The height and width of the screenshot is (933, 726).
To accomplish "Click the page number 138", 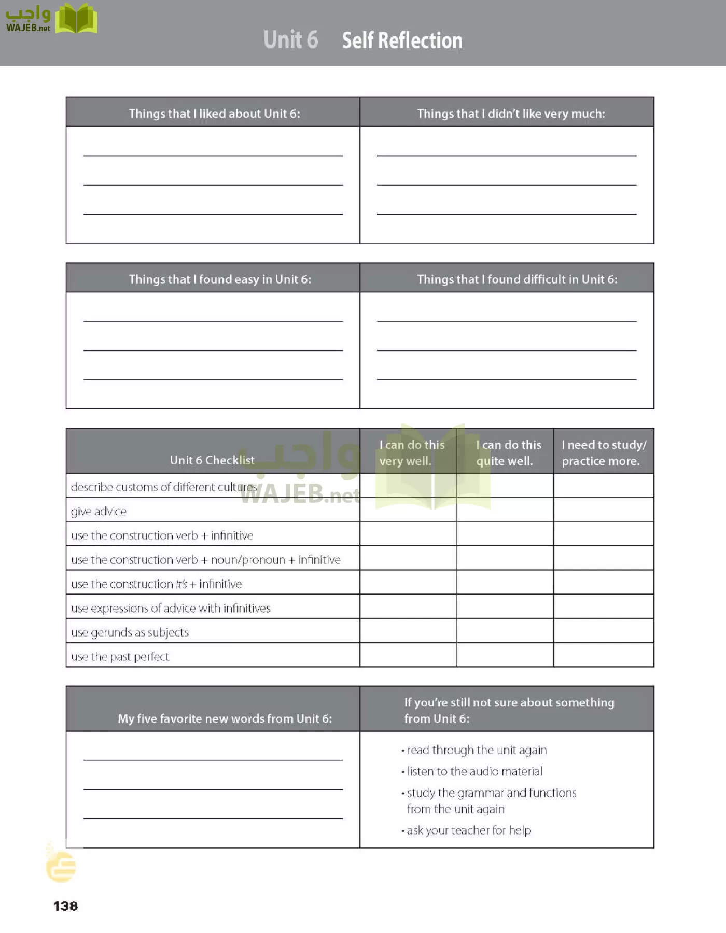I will [x=65, y=906].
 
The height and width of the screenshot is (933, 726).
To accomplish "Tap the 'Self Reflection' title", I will [x=402, y=40].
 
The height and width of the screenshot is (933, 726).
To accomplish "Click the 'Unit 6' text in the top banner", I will [x=290, y=40].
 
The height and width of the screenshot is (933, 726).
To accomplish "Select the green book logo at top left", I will [x=76, y=19].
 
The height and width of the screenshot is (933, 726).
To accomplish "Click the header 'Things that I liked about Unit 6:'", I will [x=214, y=114].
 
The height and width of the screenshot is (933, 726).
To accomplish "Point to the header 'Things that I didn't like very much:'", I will [x=511, y=114].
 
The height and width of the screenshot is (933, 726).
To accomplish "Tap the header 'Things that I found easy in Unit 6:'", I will [x=220, y=279].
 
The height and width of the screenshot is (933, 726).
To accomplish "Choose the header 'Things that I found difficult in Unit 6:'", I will [x=517, y=279].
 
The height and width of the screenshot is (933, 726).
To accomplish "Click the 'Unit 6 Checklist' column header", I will [x=212, y=460].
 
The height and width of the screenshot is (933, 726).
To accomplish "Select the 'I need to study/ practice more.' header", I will [x=604, y=453].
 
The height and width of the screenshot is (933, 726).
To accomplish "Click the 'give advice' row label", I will [x=99, y=512].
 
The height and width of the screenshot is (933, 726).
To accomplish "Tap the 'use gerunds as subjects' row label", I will [x=130, y=632].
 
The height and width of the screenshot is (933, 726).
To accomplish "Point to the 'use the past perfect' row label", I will [x=120, y=657].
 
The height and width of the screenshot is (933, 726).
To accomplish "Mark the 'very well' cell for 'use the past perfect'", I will [x=408, y=655].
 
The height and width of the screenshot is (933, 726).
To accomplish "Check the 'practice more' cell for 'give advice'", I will [x=604, y=510].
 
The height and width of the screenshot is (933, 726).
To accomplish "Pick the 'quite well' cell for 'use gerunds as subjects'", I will [x=505, y=631].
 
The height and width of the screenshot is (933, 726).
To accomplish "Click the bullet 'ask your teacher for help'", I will [x=469, y=830].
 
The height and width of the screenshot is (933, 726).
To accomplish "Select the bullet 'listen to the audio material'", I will [x=474, y=771].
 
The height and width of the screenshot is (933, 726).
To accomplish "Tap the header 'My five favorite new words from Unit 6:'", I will [x=225, y=718].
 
